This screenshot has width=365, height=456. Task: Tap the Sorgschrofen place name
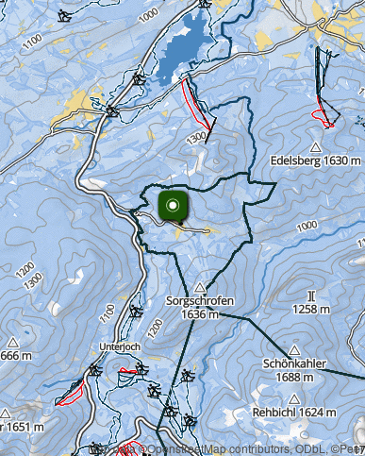coord(199,301)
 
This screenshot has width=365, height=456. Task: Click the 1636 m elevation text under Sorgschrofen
coord(200,313)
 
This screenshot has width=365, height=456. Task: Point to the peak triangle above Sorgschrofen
coord(200,287)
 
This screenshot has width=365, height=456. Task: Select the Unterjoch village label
coord(120,346)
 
